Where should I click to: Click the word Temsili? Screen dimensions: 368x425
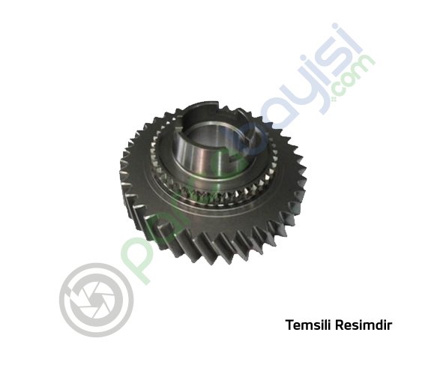pos(304,326)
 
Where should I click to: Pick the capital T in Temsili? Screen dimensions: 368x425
pos(289,326)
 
